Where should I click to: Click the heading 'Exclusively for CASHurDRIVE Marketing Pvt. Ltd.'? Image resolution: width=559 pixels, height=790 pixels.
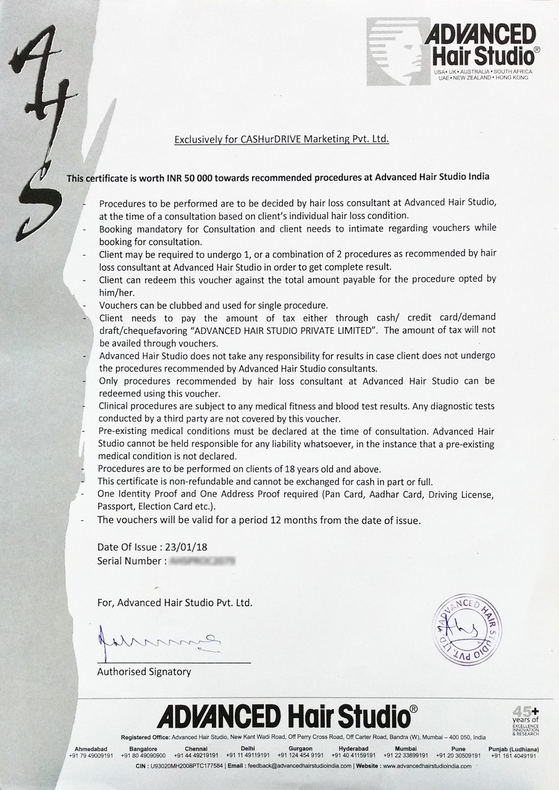282,139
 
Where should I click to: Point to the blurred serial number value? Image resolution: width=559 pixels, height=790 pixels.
203,561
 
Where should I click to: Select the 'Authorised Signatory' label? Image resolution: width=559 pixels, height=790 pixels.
144,672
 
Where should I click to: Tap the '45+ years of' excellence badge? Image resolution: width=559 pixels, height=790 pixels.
526,720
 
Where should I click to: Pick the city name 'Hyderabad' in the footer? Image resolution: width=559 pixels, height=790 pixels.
354,749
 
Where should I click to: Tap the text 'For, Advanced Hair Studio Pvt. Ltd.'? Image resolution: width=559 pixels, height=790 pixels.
175,602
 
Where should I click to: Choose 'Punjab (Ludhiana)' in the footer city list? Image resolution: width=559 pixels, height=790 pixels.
513,749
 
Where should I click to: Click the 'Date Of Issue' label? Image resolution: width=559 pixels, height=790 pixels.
127,547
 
